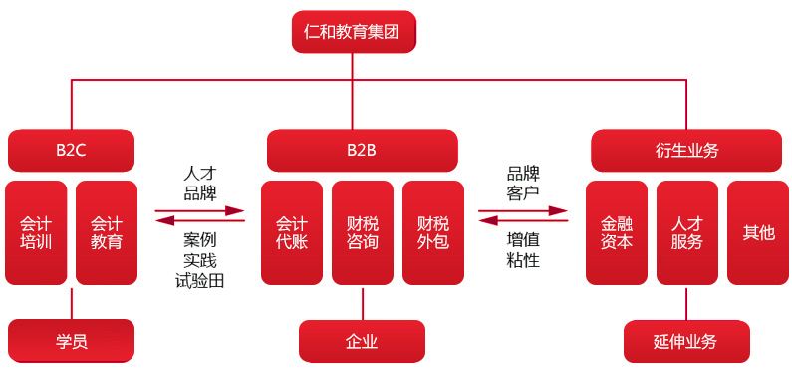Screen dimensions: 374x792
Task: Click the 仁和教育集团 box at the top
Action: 354,32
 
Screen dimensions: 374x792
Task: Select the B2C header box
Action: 71,151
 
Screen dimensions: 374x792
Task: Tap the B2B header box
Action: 362,151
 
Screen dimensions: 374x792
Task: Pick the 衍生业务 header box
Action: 686,151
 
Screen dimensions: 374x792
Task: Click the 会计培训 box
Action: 36,232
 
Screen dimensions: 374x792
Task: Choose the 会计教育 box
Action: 107,232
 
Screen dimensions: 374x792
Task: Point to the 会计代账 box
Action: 292,232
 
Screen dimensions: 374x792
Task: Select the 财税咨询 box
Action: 363,232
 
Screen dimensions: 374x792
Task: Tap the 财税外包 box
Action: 433,232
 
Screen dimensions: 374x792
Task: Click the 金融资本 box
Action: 617,232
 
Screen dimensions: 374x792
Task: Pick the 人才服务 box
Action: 687,232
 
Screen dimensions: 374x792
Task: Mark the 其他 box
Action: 758,232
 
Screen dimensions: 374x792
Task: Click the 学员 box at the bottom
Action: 71,341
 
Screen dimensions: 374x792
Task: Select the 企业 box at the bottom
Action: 362,341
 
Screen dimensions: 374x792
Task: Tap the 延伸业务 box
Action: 685,341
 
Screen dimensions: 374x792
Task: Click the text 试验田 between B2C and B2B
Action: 200,281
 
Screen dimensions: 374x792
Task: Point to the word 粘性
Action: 523,261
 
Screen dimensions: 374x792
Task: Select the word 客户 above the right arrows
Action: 523,189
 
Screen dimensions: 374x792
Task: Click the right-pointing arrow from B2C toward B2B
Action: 200,209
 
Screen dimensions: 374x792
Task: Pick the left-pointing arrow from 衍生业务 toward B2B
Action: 523,222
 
